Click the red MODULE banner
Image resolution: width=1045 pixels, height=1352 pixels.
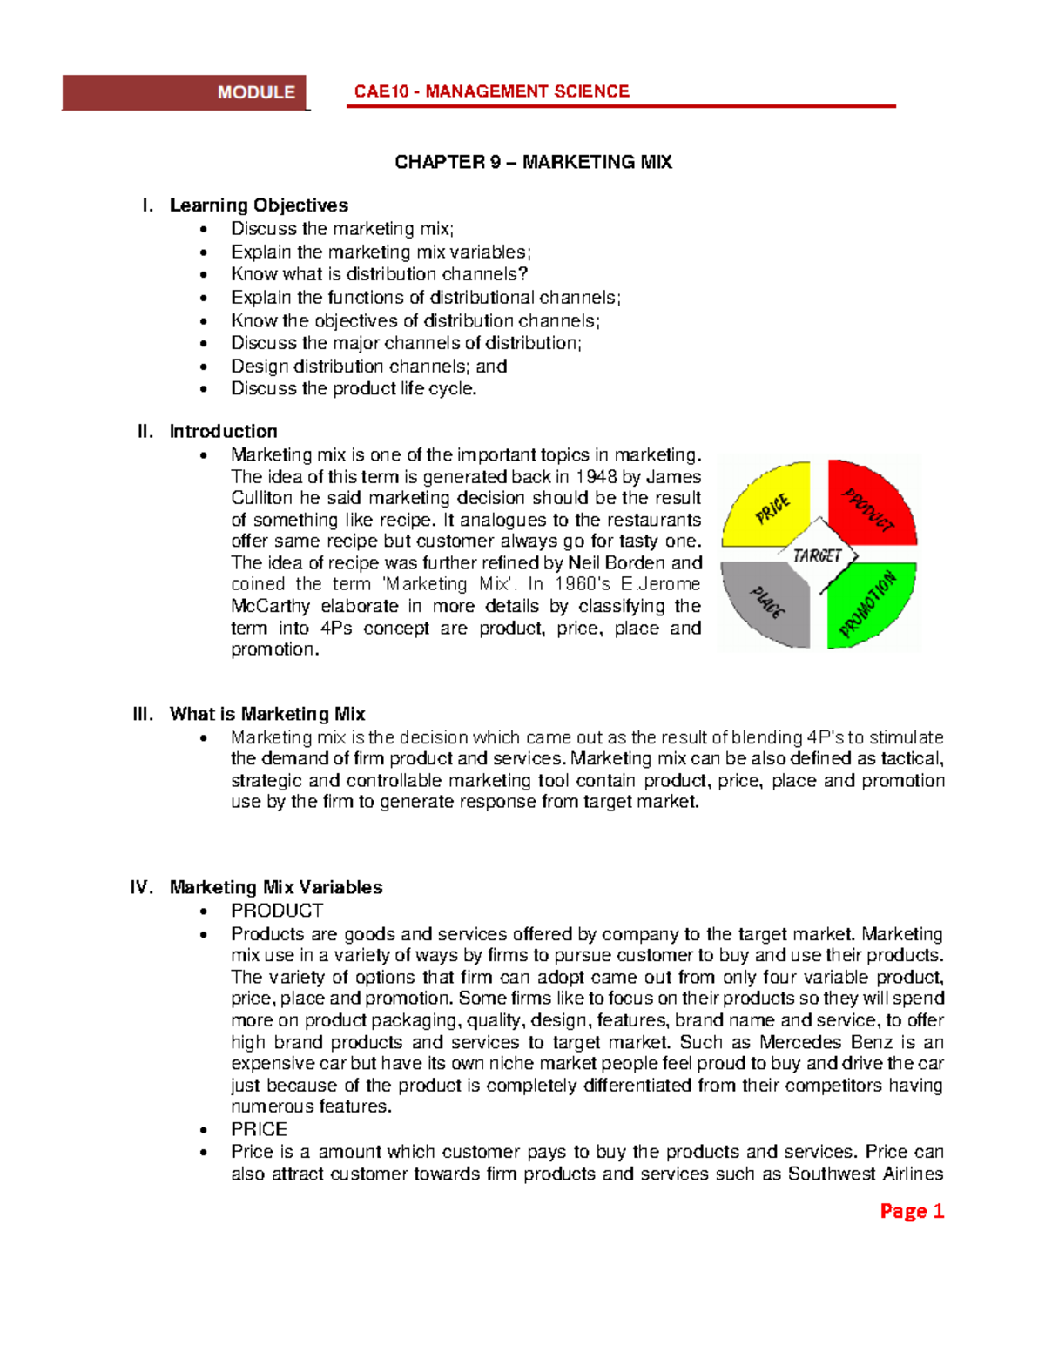click(185, 92)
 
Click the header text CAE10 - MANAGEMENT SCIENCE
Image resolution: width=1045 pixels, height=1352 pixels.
click(491, 91)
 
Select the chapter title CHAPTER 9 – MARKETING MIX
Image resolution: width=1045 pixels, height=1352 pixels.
click(533, 162)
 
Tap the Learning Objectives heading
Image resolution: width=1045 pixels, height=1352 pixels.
click(259, 205)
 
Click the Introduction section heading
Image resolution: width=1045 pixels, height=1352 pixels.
click(223, 432)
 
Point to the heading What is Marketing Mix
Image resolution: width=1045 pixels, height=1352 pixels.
click(267, 714)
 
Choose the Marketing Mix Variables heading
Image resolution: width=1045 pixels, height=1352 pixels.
click(276, 887)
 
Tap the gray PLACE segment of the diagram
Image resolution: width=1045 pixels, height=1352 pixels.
click(769, 602)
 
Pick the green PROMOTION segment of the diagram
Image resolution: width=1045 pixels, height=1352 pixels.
click(868, 602)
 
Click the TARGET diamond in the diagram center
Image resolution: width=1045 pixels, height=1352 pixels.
click(818, 555)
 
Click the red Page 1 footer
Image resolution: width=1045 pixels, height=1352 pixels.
click(911, 1211)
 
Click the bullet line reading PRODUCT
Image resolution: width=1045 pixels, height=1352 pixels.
click(277, 911)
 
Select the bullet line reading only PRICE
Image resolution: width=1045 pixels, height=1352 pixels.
click(259, 1129)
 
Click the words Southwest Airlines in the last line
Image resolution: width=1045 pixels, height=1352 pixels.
click(865, 1174)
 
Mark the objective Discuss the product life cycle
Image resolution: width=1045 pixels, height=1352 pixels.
click(354, 389)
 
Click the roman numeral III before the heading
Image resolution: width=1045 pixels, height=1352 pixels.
click(143, 714)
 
